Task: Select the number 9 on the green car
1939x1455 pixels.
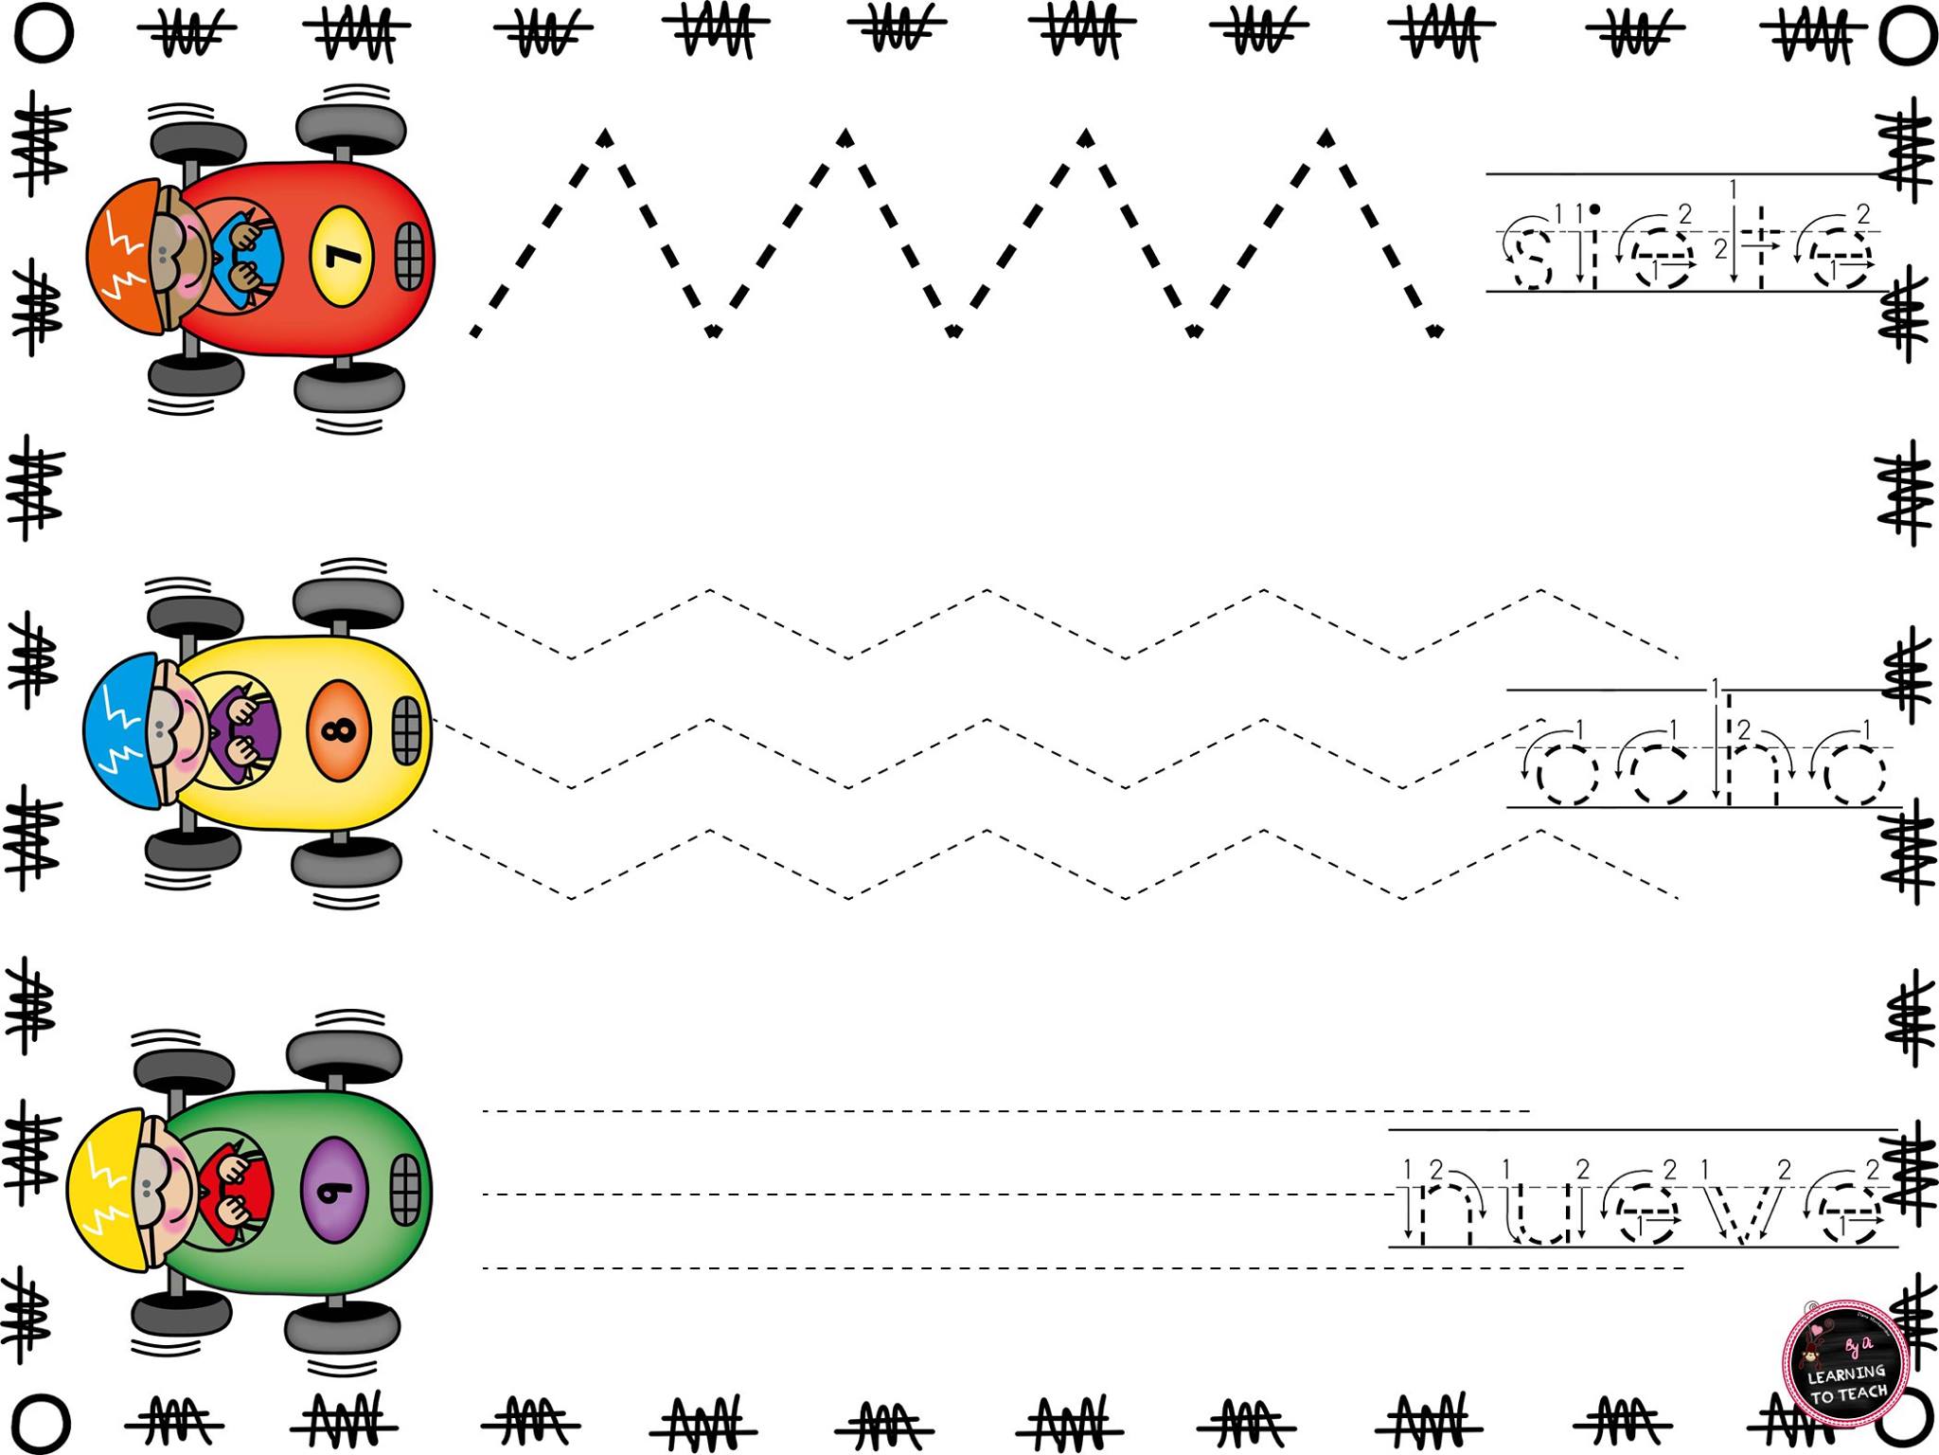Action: tap(337, 1190)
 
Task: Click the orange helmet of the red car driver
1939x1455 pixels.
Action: tap(127, 256)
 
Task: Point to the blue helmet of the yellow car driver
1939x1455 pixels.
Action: tap(122, 730)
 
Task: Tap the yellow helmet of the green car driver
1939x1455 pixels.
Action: tap(108, 1190)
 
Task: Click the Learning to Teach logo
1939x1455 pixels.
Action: tap(1843, 1364)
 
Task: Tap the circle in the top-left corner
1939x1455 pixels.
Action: tap(43, 33)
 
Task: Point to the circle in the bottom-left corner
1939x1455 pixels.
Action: tap(43, 1421)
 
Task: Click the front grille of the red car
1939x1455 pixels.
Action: tap(410, 255)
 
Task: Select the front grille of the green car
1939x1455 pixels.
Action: tap(405, 1189)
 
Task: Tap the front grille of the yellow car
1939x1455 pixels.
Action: tap(406, 730)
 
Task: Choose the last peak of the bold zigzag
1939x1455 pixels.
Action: tap(1326, 137)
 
